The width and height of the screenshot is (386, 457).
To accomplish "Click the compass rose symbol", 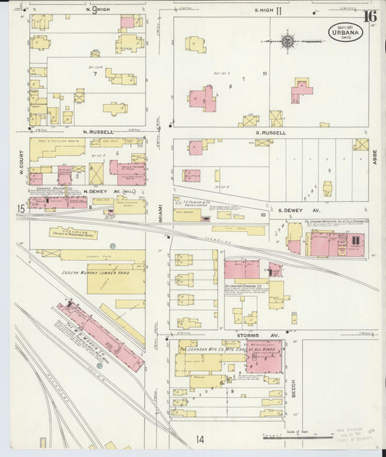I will [x=288, y=41].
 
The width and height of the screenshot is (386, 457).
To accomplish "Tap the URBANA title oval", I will [x=345, y=33].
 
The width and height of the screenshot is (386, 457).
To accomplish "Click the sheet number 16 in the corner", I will [x=370, y=16].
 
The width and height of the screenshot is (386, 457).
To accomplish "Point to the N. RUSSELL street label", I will [x=96, y=132].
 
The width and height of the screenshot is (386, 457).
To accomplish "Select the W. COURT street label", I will [x=22, y=162].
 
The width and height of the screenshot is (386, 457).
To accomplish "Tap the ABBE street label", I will [x=375, y=156].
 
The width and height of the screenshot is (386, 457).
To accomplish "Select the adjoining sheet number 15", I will [x=21, y=209].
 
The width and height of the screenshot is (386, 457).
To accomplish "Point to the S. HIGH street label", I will [x=267, y=11].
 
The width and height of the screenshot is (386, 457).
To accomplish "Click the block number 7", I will [x=94, y=73].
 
